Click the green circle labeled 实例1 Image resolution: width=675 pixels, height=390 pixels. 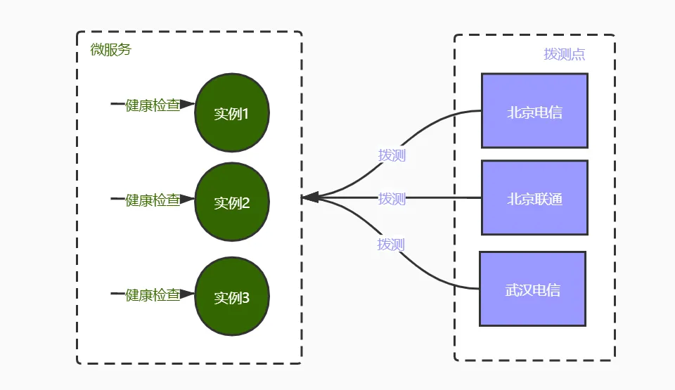pos(232,112)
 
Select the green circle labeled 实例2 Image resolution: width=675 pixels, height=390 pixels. pos(232,202)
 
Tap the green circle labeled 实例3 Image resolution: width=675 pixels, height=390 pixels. pos(232,296)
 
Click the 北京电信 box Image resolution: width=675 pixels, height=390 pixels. pos(534,110)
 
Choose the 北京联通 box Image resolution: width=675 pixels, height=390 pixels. pos(534,197)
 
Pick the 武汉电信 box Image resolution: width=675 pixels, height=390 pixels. pos(532,289)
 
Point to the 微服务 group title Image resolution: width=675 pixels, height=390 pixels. pos(110,49)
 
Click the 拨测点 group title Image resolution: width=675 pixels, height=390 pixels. pos(565,54)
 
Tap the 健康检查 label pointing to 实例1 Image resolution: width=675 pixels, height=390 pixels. pos(153,105)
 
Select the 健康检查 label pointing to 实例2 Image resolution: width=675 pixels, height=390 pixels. pos(153,200)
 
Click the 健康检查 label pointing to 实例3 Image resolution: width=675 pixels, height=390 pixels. pos(153,295)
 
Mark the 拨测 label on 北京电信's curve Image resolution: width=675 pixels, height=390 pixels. pos(392,155)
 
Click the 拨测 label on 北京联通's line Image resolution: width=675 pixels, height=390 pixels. pos(392,198)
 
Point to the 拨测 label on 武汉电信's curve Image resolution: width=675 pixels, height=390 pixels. pos(391,244)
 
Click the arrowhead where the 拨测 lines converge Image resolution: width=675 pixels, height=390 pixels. pos(310,197)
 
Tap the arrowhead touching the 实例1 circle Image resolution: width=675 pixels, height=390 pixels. pos(188,104)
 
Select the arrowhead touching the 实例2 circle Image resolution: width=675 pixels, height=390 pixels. pos(188,199)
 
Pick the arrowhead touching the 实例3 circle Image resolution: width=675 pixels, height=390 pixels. pos(188,294)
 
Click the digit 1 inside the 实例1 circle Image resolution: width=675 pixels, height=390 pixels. pos(245,114)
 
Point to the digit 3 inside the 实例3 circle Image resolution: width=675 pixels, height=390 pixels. pos(245,298)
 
